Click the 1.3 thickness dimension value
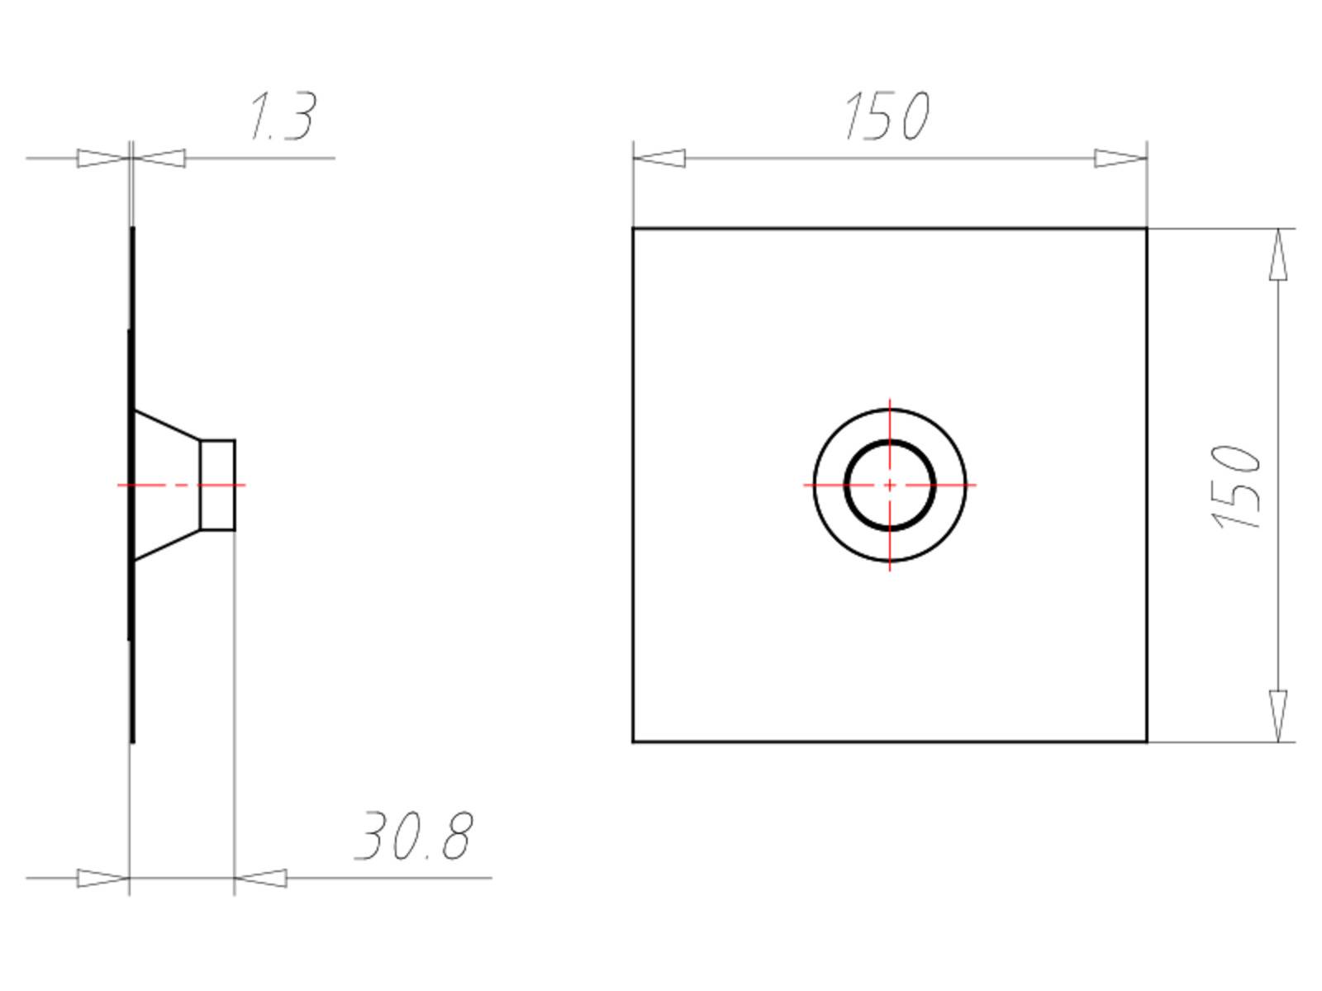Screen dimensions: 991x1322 tap(282, 116)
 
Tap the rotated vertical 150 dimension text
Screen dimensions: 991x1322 tap(1236, 487)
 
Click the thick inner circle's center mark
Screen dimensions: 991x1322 tap(890, 485)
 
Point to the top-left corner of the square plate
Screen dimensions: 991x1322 tap(633, 228)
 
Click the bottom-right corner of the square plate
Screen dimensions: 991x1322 tap(1147, 742)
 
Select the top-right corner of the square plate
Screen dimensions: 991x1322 tap(1147, 228)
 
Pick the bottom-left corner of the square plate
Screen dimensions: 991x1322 tap(633, 742)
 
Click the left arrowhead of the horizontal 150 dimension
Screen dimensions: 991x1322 tap(659, 158)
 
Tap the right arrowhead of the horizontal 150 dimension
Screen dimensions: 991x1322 tap(1121, 158)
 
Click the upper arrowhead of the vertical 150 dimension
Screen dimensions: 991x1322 tap(1278, 254)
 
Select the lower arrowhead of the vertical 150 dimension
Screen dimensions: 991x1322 tap(1278, 715)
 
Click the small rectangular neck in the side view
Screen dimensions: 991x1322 tap(218, 485)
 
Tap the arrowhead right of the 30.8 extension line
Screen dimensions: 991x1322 tap(260, 878)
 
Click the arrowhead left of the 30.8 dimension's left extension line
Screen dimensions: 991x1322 tap(103, 878)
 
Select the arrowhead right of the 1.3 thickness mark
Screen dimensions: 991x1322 tap(159, 158)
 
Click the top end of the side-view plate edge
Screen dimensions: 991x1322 tap(132, 230)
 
